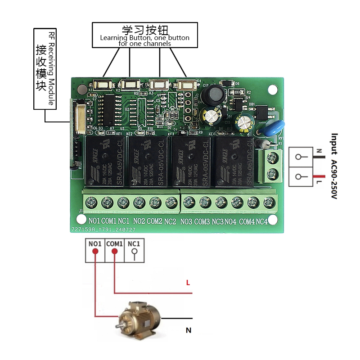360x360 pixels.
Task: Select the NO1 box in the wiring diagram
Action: pos(94,253)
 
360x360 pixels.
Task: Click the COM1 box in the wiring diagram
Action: pos(114,253)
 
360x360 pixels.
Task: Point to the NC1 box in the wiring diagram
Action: pos(134,253)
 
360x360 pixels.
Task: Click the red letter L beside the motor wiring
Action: pos(188,283)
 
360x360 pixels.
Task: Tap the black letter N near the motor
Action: pos(189,331)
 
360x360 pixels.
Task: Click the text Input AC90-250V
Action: pos(334,166)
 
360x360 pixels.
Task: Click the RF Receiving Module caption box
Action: pos(45,69)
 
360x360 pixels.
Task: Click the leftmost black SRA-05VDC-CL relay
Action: pos(104,162)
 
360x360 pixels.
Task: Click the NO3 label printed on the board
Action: pos(186,221)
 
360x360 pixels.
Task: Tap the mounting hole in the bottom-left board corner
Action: pos(81,220)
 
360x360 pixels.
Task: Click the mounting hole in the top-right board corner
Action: pos(273,90)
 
